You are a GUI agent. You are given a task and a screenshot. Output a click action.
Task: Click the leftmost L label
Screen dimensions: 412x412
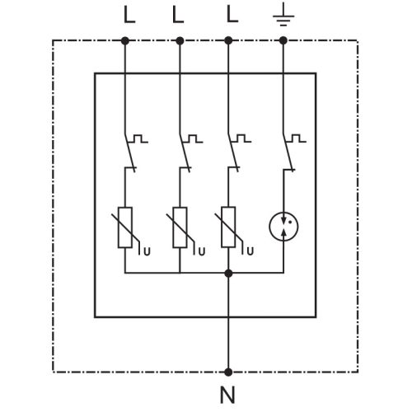tap(129, 15)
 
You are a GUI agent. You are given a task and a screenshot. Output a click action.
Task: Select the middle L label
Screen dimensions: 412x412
tap(178, 15)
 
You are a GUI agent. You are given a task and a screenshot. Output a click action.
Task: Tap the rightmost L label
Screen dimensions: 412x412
tap(232, 15)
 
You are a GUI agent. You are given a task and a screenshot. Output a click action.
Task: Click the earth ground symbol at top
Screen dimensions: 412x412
tap(283, 16)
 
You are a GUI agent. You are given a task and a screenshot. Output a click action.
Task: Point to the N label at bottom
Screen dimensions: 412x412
tap(227, 395)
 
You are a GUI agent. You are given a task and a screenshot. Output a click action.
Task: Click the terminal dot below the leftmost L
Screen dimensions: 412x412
tap(125, 41)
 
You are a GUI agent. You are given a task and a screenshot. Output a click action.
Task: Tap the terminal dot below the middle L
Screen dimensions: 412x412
tap(180, 41)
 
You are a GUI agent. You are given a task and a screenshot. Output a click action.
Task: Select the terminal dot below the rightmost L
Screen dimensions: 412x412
tap(228, 41)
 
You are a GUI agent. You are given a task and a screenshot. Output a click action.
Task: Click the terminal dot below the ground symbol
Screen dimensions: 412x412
tap(283, 41)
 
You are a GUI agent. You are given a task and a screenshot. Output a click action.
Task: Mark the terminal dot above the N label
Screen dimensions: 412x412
tap(228, 372)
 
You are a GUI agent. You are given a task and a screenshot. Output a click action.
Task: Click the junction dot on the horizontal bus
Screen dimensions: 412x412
tap(228, 274)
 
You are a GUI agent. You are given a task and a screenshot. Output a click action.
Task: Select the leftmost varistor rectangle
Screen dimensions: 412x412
tap(125, 227)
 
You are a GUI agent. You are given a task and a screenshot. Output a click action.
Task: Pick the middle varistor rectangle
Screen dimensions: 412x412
tap(180, 227)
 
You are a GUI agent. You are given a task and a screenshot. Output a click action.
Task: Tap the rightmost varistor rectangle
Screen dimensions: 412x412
tap(228, 227)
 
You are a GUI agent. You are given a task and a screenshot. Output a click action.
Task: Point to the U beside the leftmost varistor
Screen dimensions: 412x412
tap(147, 251)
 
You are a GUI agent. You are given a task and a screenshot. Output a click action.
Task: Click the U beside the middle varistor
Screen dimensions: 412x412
tap(202, 251)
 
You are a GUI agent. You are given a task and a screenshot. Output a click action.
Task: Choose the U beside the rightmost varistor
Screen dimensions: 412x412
tap(250, 251)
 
